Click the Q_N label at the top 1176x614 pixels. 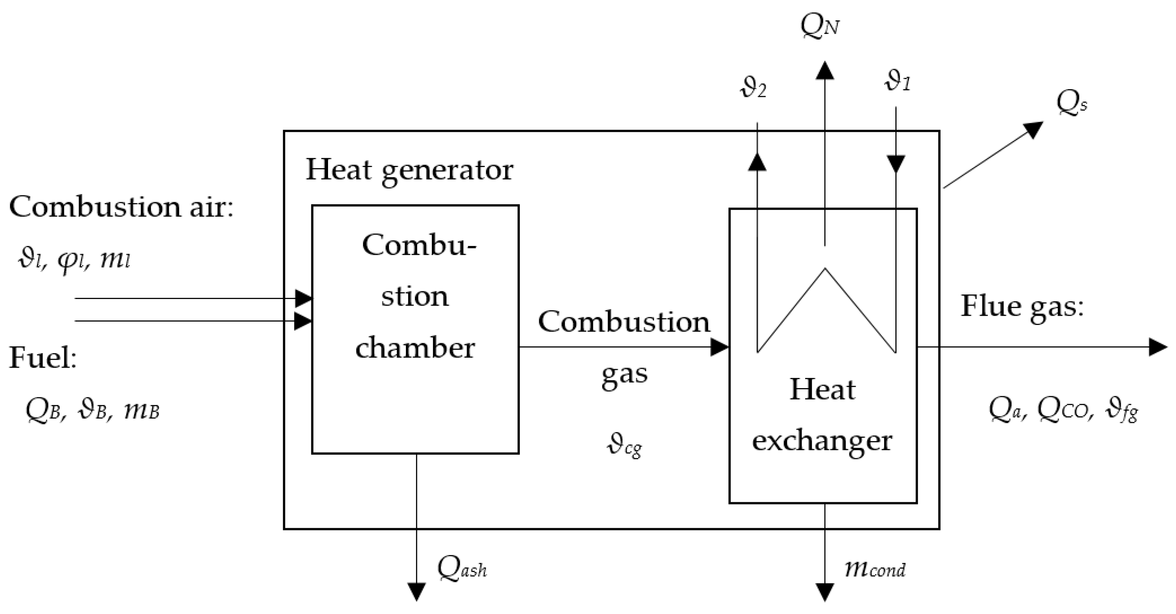pyautogui.click(x=820, y=26)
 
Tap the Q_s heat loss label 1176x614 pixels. pyautogui.click(x=1071, y=104)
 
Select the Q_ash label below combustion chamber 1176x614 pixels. pyautogui.click(x=461, y=569)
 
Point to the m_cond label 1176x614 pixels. pyautogui.click(x=875, y=569)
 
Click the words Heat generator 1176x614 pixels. pyautogui.click(x=409, y=170)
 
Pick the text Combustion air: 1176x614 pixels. pyautogui.click(x=121, y=207)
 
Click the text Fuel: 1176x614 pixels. pyautogui.click(x=43, y=358)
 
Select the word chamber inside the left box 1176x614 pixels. pyautogui.click(x=415, y=348)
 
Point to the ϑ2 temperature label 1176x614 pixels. pyautogui.click(x=753, y=88)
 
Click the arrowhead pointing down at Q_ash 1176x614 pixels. pyautogui.click(x=416, y=591)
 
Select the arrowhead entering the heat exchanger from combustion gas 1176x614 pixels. pyautogui.click(x=719, y=347)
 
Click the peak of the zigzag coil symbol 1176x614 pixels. pyautogui.click(x=825, y=270)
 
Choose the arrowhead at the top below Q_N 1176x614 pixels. pyautogui.click(x=825, y=71)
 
